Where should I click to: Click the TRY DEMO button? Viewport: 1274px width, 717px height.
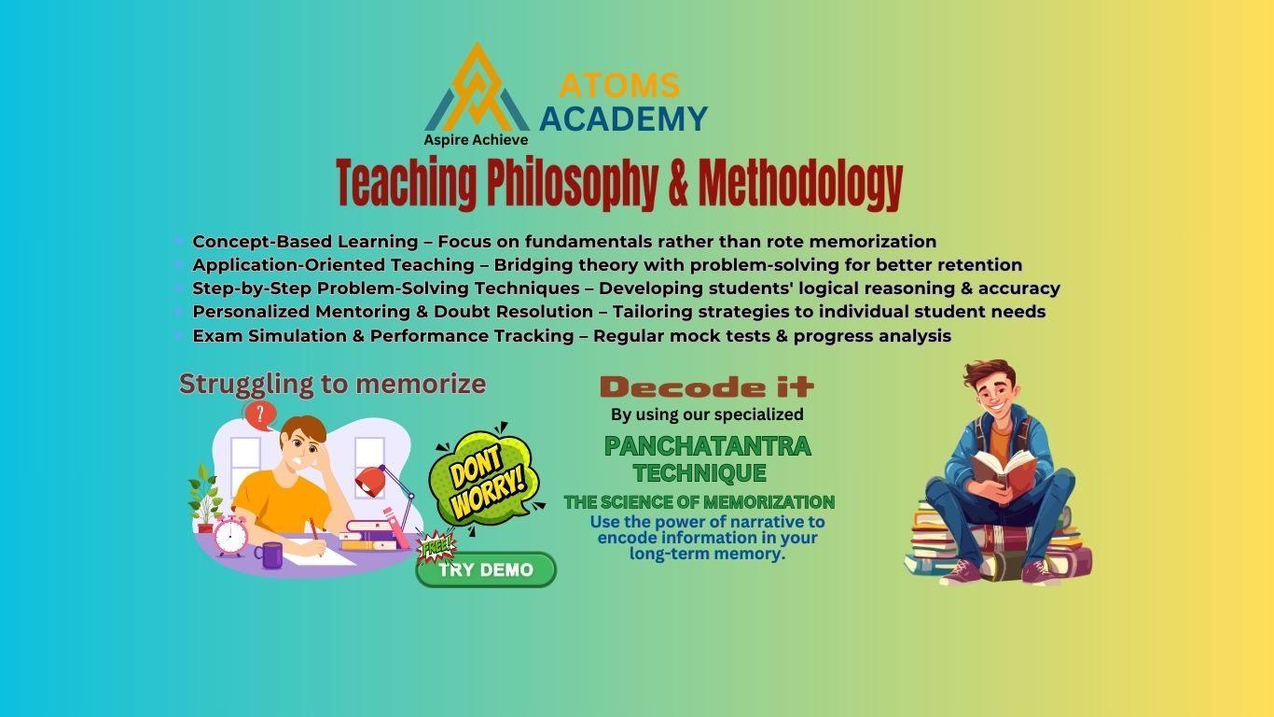486,569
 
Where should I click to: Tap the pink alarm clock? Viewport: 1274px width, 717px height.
230,535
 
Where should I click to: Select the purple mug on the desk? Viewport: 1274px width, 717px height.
269,555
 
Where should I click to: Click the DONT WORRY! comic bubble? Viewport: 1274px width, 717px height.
484,479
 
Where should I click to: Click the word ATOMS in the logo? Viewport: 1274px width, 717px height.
619,86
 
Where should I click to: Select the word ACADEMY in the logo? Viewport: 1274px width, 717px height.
623,119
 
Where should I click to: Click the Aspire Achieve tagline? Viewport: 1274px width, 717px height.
476,139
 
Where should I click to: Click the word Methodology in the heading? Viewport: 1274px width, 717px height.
801,184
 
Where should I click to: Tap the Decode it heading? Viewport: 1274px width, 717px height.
707,387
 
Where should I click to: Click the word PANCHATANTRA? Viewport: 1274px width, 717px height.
708,446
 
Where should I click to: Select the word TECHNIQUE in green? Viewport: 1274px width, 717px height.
699,472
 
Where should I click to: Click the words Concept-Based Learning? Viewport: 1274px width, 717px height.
305,242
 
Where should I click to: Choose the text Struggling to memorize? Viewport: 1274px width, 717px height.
333,385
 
